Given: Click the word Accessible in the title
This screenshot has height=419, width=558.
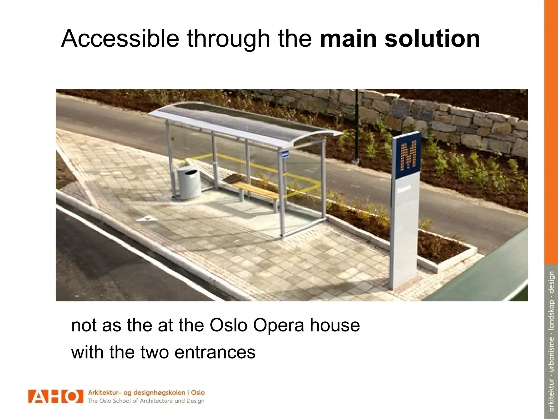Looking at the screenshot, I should [120, 39].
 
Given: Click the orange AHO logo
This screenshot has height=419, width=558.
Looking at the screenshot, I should [55, 396].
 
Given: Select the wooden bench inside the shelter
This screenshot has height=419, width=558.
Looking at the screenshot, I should [256, 191].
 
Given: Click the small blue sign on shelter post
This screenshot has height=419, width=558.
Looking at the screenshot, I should [285, 154].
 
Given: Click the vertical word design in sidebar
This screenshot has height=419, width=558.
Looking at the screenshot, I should [551, 282].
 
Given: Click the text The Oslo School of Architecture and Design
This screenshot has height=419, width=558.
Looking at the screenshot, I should [146, 401].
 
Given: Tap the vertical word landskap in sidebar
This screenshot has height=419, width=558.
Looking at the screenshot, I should [551, 318].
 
